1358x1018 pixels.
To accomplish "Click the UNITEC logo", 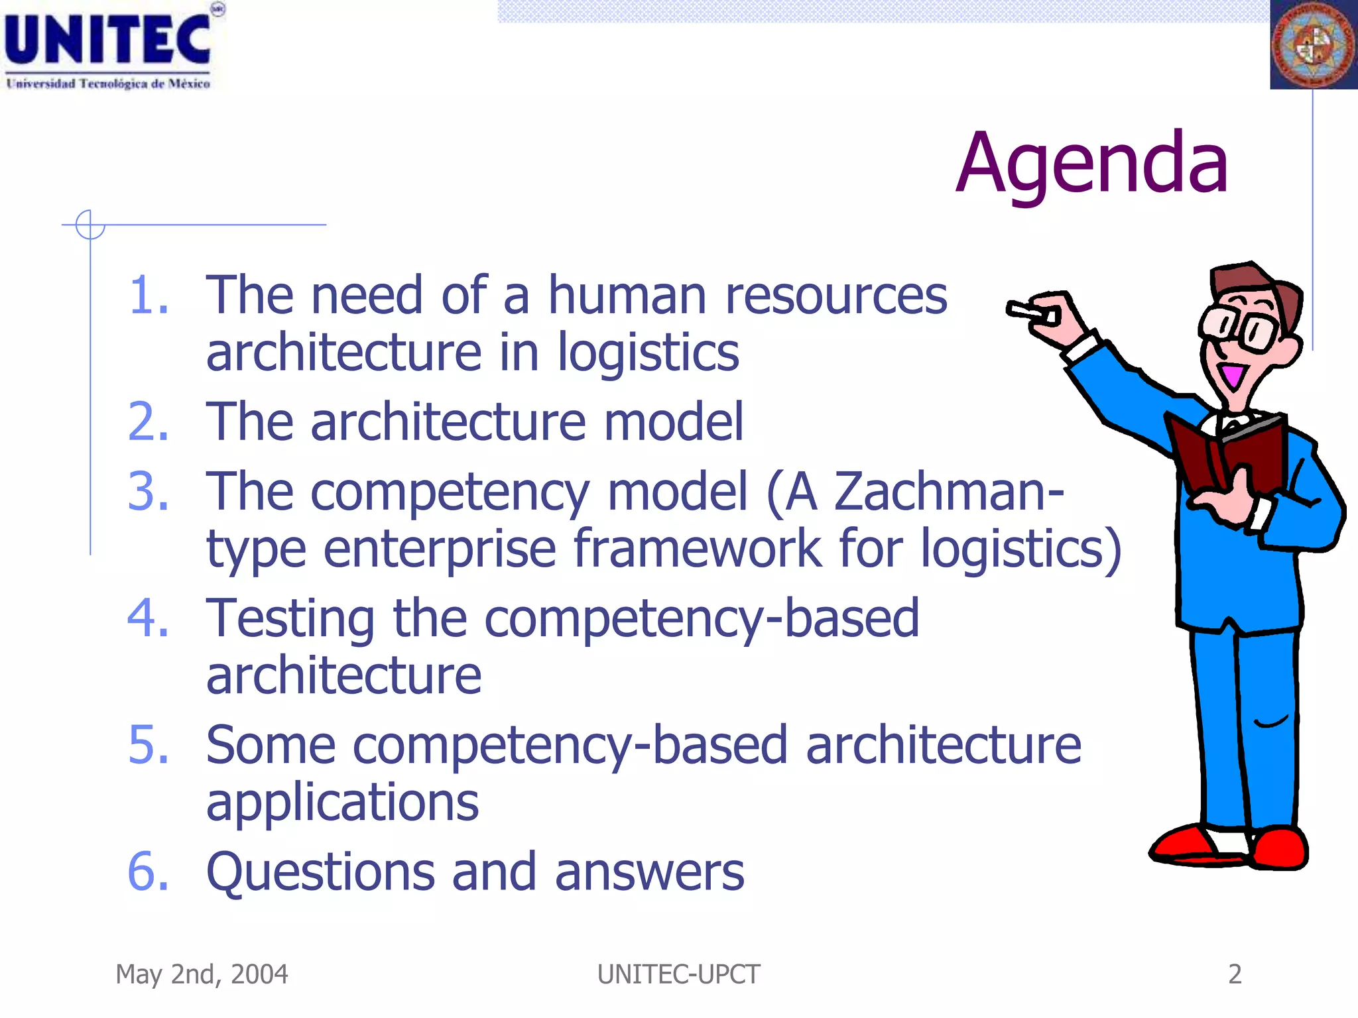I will click(x=109, y=46).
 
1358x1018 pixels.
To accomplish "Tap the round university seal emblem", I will click(x=1314, y=45).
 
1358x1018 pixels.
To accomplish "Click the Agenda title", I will click(x=1092, y=164).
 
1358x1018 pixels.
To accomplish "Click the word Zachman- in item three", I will click(x=948, y=492).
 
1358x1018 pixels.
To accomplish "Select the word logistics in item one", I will click(x=648, y=353).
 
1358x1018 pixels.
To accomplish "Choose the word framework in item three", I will click(x=697, y=549).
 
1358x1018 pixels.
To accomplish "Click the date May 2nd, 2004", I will click(x=202, y=974).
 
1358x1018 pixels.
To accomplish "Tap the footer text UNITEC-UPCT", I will click(x=678, y=974).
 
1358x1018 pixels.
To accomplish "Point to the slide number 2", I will click(x=1234, y=974).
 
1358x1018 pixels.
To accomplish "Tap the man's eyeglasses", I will click(x=1240, y=327).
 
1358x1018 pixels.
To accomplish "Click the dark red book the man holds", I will click(x=1227, y=454).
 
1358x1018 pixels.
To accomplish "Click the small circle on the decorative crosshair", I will click(x=90, y=225).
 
